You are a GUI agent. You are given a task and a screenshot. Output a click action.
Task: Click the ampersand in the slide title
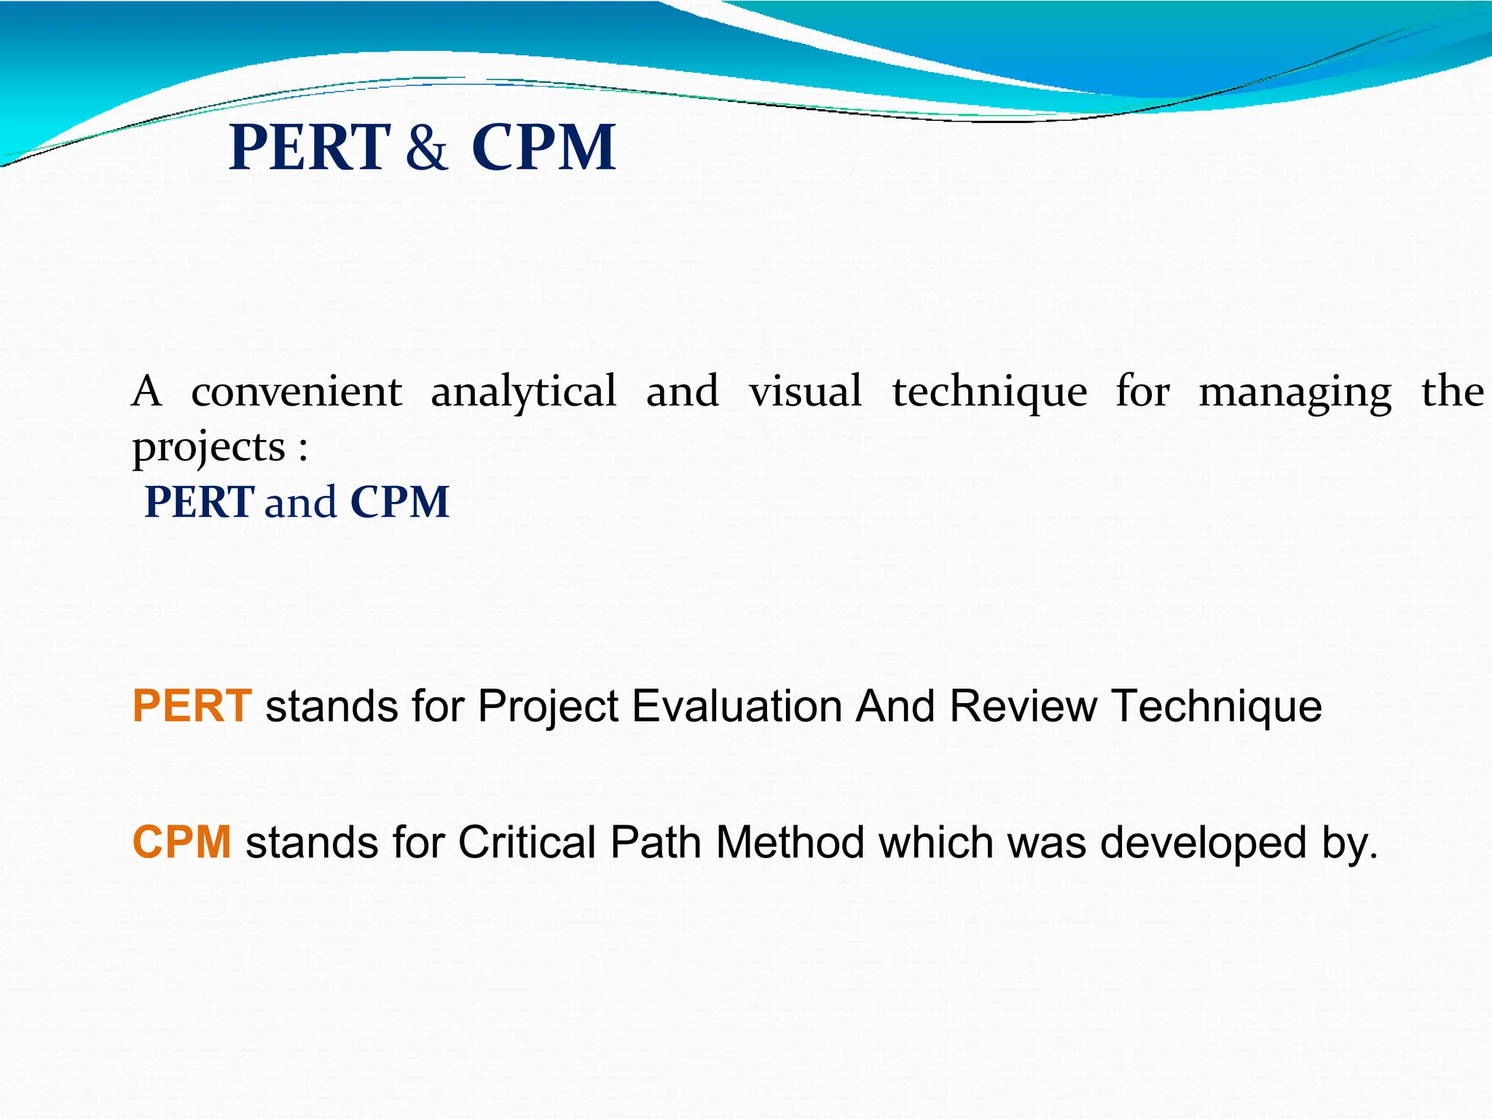tap(426, 148)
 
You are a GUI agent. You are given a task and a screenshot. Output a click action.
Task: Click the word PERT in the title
tap(310, 148)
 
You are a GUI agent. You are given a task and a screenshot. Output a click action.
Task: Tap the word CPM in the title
tap(543, 148)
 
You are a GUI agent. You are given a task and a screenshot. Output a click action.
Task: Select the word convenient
tap(296, 391)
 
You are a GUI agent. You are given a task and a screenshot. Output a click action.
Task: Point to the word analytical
tap(523, 391)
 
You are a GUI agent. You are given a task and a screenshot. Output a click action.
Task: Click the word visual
tap(805, 391)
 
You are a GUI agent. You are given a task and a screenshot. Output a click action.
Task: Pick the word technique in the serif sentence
tap(989, 391)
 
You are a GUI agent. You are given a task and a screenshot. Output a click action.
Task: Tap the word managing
tap(1295, 391)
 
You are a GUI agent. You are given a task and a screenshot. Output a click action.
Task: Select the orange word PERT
tap(192, 706)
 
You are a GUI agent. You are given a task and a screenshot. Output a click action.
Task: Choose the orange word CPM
tap(181, 842)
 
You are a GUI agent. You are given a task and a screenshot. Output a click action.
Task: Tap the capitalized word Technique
tap(1216, 706)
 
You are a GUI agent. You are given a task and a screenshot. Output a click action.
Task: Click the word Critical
tap(527, 842)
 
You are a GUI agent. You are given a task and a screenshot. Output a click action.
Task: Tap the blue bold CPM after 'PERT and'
tap(399, 502)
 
